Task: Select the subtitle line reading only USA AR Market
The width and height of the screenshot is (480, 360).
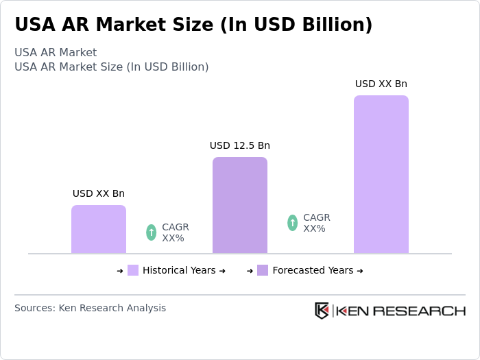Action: (56, 53)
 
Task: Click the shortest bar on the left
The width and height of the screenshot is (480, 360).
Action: (99, 230)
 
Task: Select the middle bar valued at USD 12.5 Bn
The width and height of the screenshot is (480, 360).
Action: (240, 206)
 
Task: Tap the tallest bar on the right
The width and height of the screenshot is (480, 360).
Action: (381, 175)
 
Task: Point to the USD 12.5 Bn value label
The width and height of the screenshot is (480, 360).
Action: (240, 145)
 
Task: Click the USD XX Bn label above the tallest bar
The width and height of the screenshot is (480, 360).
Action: (381, 84)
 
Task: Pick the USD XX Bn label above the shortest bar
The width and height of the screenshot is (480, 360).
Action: (99, 193)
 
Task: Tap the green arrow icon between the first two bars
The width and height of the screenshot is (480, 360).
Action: (152, 232)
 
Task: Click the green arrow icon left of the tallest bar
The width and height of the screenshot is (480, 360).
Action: (293, 223)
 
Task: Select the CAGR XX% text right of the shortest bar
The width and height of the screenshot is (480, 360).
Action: (175, 232)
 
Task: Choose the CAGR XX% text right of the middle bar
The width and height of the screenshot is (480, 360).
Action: (316, 223)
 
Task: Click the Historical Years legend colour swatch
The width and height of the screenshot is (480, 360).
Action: (133, 270)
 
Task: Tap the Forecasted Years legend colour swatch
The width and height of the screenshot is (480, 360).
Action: (263, 270)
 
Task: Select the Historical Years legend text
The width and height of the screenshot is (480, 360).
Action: (179, 270)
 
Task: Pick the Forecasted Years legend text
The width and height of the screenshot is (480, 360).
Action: (313, 270)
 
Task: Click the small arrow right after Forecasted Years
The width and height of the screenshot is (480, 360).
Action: (360, 271)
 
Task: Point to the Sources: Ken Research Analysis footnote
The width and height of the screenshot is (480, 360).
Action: (90, 308)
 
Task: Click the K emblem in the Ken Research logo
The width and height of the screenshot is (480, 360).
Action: (322, 311)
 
